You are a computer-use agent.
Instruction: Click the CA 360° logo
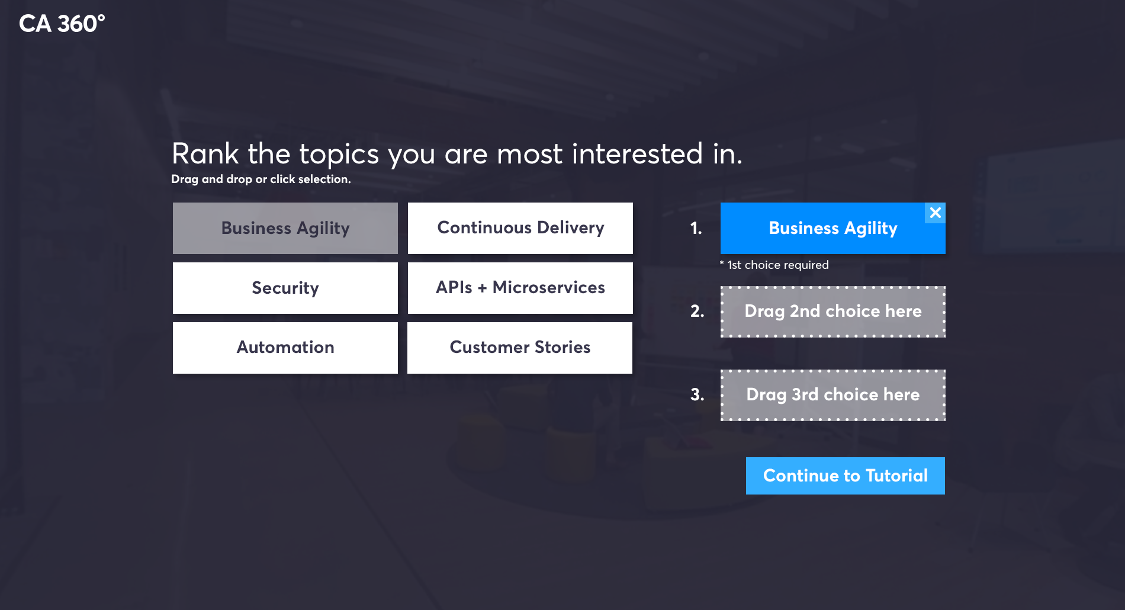(x=62, y=24)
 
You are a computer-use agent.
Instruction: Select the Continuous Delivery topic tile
(x=520, y=228)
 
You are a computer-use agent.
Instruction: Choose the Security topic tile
(x=285, y=288)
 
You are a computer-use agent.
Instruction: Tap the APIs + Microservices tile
(x=520, y=288)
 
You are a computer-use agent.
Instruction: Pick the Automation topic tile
(x=285, y=348)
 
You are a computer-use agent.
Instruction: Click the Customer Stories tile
(x=520, y=348)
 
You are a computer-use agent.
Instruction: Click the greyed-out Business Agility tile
(x=285, y=228)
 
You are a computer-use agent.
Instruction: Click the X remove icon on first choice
(x=936, y=213)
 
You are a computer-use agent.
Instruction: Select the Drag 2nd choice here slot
(x=833, y=312)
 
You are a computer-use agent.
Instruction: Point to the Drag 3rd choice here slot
(x=833, y=395)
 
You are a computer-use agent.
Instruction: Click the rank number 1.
(x=696, y=228)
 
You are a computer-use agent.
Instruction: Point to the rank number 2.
(x=697, y=311)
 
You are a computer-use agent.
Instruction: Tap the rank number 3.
(x=697, y=394)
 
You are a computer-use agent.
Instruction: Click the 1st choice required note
(x=774, y=265)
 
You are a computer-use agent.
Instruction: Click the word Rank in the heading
(x=205, y=154)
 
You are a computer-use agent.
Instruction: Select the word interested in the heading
(x=637, y=154)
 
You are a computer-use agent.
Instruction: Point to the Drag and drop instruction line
(x=261, y=179)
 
